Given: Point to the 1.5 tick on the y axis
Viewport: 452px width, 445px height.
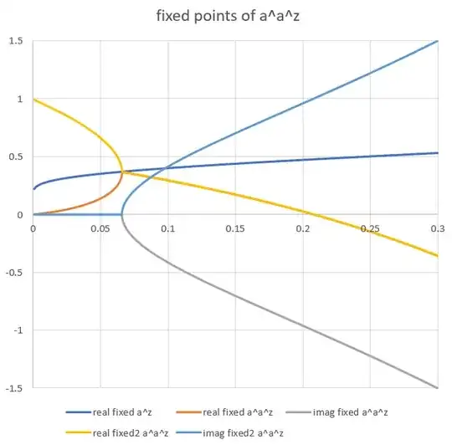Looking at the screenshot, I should (17, 41).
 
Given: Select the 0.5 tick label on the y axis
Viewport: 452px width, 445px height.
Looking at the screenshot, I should (17, 156).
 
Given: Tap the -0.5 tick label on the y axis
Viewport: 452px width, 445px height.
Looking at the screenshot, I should (15, 273).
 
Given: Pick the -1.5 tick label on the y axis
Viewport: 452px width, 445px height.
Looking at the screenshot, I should (15, 388).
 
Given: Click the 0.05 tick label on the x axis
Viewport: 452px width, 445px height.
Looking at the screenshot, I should (100, 228).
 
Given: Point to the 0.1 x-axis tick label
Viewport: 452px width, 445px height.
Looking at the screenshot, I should (167, 228).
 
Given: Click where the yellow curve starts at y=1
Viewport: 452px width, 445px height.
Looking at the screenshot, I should (33, 100).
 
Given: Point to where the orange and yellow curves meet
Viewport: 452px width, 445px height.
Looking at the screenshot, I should (122, 172).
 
